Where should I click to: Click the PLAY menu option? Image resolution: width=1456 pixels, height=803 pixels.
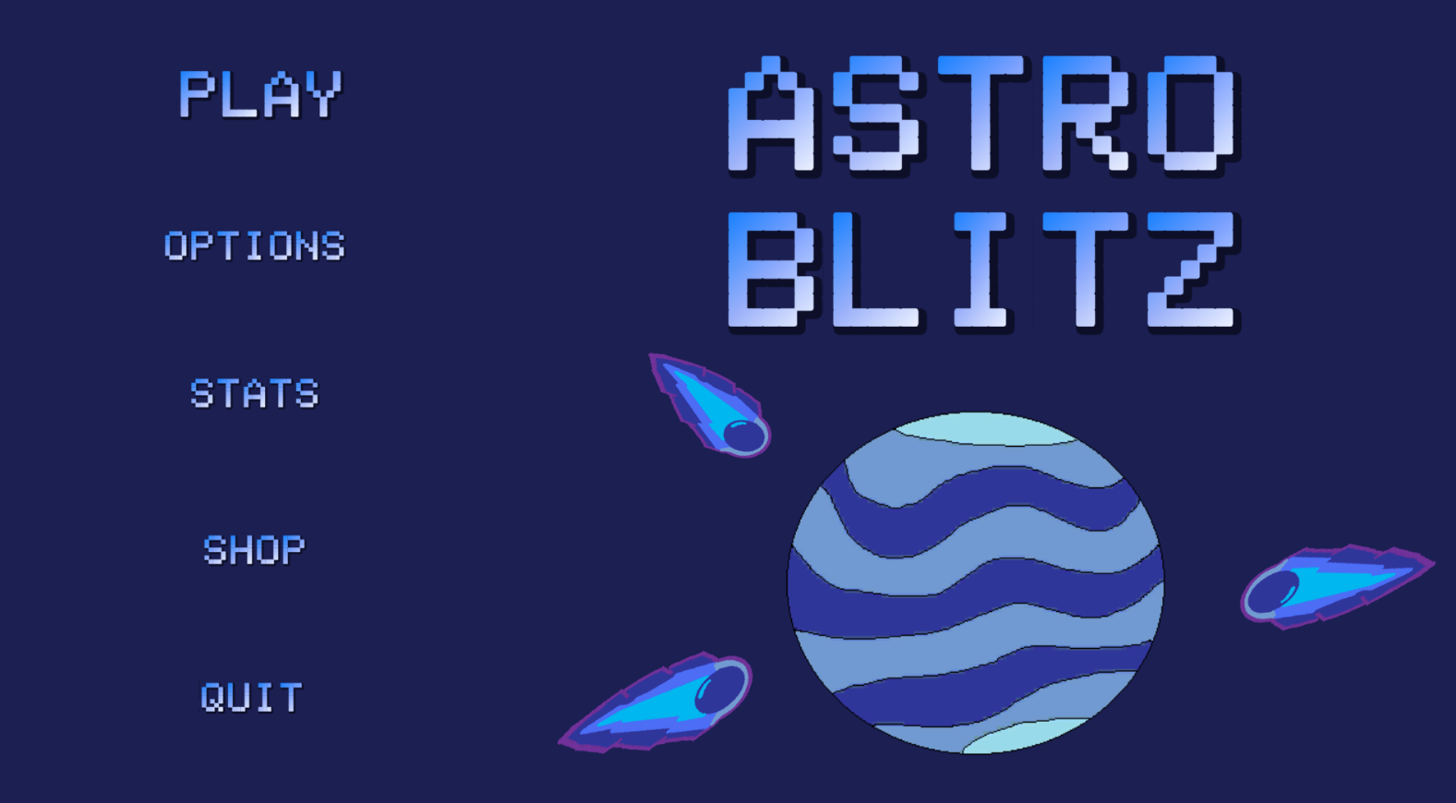tap(260, 94)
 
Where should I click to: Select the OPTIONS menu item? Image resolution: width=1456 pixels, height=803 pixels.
tap(254, 246)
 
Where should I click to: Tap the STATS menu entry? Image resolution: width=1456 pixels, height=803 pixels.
tap(254, 393)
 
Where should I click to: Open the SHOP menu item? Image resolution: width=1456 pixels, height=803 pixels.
tap(254, 549)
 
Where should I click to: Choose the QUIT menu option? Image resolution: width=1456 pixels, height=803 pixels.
tap(251, 697)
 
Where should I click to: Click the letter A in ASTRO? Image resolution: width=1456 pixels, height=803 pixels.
tap(771, 114)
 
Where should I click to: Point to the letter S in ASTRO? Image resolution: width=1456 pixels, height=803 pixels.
tap(876, 114)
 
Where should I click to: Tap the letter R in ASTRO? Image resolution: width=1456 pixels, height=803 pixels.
tap(1086, 114)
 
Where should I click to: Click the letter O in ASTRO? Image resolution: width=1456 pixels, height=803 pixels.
tap(1191, 114)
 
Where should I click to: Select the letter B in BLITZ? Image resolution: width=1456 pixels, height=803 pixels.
tap(771, 270)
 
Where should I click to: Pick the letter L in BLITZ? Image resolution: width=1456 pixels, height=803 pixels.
tap(876, 270)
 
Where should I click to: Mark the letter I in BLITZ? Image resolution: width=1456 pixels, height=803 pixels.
tap(981, 270)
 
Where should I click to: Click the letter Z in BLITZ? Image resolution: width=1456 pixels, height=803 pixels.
tap(1191, 270)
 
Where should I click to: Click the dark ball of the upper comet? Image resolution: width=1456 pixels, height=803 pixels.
tap(744, 436)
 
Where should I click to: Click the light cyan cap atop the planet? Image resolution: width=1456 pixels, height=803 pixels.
tap(985, 429)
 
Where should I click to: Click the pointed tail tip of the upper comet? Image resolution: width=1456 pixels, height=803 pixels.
tap(651, 355)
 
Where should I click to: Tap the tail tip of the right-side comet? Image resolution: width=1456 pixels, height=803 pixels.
tap(1433, 563)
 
